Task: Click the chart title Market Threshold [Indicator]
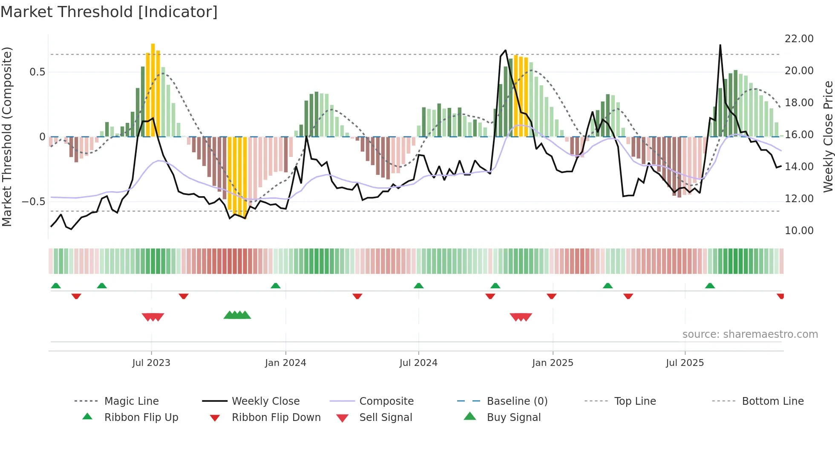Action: pos(109,12)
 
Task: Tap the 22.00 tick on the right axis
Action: pos(799,39)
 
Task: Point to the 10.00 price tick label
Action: pos(799,231)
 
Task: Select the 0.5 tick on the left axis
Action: pos(37,72)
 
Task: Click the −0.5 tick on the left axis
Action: pos(34,201)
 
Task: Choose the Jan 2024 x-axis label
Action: pos(285,363)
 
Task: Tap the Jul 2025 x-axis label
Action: pos(685,363)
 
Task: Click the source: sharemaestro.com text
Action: pos(750,334)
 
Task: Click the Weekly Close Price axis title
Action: pos(828,136)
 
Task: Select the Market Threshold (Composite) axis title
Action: pos(7,136)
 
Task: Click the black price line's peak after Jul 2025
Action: pos(720,45)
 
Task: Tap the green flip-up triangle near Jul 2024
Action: pos(418,286)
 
